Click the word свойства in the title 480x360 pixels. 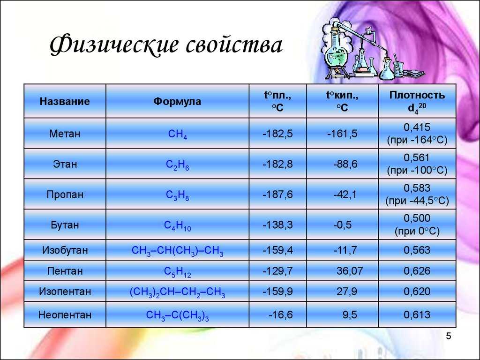[234, 45]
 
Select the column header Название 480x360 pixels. [65, 101]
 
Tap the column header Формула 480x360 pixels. [177, 101]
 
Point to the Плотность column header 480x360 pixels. [417, 95]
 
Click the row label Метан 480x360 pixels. [65, 134]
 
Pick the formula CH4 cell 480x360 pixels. [178, 135]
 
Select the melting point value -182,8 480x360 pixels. [277, 164]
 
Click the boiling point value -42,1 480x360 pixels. [345, 195]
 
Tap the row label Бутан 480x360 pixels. [65, 225]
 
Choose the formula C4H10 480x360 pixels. [178, 225]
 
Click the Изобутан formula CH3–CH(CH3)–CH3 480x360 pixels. [178, 251]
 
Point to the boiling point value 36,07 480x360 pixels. [350, 271]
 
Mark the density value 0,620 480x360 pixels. [417, 291]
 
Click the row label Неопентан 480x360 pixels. [65, 315]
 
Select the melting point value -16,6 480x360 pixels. [280, 315]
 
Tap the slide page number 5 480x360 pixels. [449, 336]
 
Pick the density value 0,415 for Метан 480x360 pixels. [417, 127]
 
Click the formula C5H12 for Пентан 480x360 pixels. [178, 271]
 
